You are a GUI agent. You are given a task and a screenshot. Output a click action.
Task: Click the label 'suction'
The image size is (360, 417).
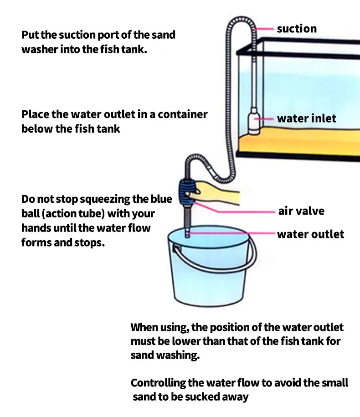click(x=296, y=29)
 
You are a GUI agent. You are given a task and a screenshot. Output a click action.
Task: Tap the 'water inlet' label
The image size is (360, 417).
click(x=306, y=118)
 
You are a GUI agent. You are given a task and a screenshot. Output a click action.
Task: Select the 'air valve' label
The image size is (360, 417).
click(x=301, y=211)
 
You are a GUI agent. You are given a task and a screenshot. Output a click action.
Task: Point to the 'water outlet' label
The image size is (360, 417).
click(x=310, y=234)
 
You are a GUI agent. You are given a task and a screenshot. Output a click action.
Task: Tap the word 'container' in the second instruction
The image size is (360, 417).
click(x=182, y=114)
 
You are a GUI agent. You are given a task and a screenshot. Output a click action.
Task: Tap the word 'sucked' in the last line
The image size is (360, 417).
click(x=204, y=396)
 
